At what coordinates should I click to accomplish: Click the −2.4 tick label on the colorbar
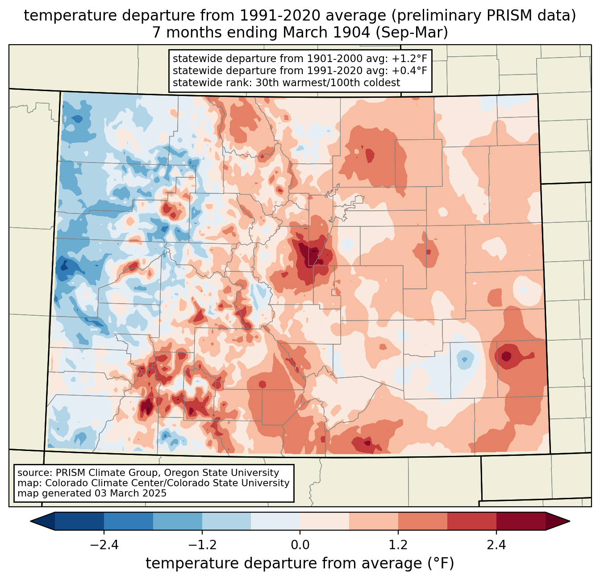pos(104,545)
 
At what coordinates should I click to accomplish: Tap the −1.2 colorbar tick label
pos(202,545)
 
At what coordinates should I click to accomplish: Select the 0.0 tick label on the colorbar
pos(300,545)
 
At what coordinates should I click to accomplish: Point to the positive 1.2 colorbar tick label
pos(398,545)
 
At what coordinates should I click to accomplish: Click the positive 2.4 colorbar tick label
pos(496,545)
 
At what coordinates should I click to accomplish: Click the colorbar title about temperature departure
pos(300,563)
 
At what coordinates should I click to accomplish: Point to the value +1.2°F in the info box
pos(409,59)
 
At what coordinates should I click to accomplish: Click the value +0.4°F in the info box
pos(409,71)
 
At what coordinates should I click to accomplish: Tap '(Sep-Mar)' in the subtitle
pos(420,33)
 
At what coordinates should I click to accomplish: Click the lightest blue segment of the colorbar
pos(275,521)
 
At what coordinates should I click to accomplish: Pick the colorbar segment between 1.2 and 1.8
pos(422,521)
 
